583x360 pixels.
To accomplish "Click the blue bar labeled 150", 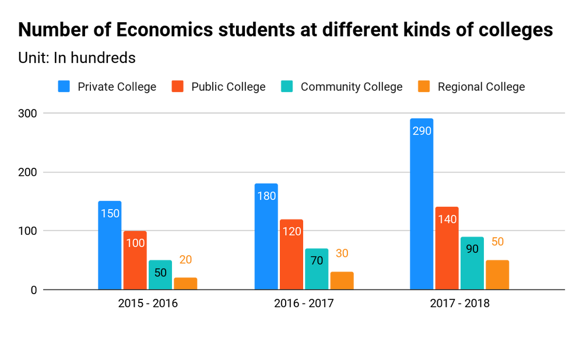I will click(x=110, y=245).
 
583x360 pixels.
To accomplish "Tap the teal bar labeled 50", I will click(x=160, y=274).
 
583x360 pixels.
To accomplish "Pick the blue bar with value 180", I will click(x=266, y=236).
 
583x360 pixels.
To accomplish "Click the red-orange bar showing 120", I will click(x=291, y=253).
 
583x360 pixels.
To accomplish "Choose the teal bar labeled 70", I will click(x=317, y=268).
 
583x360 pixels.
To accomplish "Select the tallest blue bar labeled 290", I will click(x=422, y=203).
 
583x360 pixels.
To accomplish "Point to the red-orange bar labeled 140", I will click(x=447, y=247).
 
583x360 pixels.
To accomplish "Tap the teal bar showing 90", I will click(x=472, y=262).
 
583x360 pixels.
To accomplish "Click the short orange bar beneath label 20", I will click(x=185, y=283).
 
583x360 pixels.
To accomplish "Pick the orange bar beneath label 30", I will click(x=342, y=280).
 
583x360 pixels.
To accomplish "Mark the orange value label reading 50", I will click(x=497, y=241).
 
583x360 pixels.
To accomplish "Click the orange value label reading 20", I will click(x=185, y=260).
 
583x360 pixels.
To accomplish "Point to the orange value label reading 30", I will click(x=342, y=253).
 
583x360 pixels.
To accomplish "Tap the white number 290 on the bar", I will click(x=422, y=131).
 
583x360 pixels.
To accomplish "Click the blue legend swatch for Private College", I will click(x=64, y=86).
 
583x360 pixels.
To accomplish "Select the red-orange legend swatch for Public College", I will click(x=178, y=86).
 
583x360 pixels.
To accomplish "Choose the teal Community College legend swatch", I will click(x=287, y=86).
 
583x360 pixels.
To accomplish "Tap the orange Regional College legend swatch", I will click(x=424, y=86).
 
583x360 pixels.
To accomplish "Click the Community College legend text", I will click(x=352, y=87).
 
